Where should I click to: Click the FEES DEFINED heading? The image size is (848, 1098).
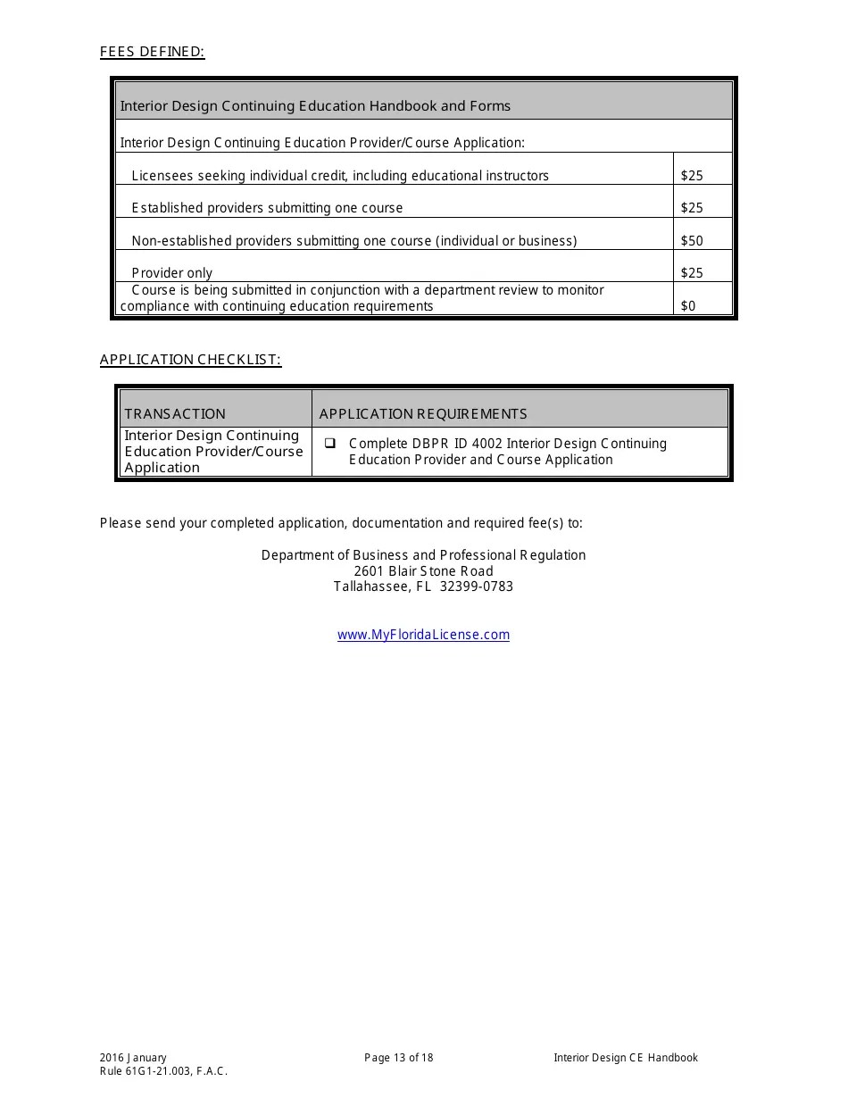152,52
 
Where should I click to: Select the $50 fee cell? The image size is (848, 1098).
692,240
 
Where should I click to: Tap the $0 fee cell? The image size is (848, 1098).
688,305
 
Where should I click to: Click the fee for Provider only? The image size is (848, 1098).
692,273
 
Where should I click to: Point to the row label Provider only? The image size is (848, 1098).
171,273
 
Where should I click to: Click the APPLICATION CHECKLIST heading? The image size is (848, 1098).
190,360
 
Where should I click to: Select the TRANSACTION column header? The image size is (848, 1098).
175,413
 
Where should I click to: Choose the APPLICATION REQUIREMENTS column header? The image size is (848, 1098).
423,413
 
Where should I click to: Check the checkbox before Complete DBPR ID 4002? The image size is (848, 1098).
330,443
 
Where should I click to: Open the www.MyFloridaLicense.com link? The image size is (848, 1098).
423,635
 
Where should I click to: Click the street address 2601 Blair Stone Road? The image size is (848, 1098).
423,571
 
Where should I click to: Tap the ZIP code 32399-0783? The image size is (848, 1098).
477,586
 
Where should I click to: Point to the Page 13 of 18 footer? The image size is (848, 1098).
399,1058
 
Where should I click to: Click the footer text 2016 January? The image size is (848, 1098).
133,1058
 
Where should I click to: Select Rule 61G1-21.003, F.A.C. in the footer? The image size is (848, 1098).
163,1071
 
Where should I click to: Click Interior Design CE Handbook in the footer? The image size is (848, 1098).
625,1058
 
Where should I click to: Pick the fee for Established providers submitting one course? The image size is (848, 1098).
692,208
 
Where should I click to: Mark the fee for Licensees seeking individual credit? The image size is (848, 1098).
692,176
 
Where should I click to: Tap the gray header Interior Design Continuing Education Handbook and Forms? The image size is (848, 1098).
315,105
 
